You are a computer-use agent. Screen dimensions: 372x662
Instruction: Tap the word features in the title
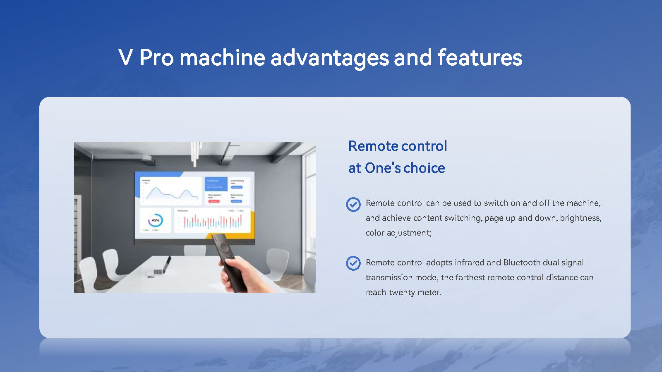coord(480,57)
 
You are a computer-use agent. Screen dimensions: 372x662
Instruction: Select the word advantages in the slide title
coord(329,57)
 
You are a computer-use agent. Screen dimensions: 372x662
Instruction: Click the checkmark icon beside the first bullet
coord(353,204)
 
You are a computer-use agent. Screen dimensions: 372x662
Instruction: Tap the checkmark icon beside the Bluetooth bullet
coord(353,263)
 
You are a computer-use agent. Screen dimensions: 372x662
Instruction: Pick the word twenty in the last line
coord(402,292)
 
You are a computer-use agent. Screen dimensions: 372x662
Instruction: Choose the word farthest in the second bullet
coord(470,277)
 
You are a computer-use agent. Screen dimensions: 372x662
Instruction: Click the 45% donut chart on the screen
coord(155,220)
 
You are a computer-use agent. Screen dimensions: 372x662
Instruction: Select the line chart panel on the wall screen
coord(171,191)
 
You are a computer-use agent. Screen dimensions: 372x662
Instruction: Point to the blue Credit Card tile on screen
coord(216,184)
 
